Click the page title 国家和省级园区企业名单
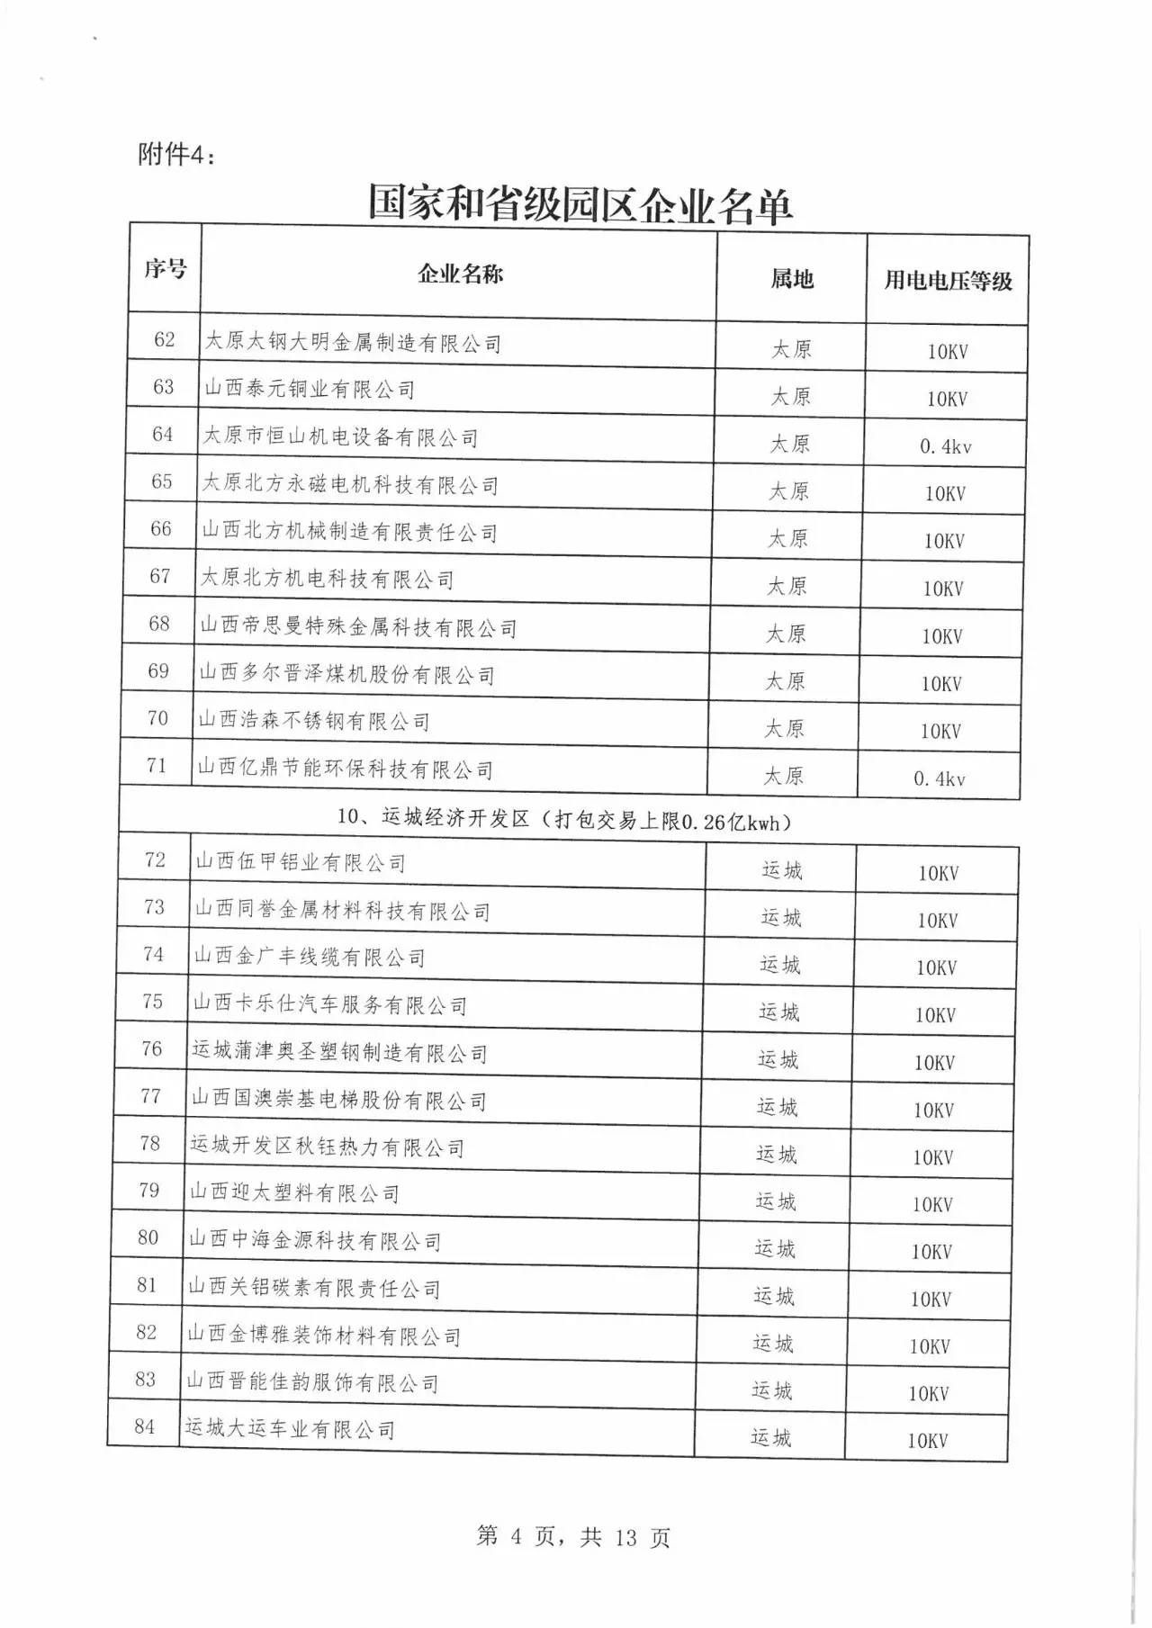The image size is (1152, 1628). pos(580,204)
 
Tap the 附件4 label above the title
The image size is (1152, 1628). pos(177,155)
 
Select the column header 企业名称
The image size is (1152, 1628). pos(460,274)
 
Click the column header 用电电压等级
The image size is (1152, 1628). pos(948,280)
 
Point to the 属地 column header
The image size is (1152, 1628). pos(792,279)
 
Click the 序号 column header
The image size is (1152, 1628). pos(166,268)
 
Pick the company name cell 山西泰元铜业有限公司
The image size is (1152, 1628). pos(310,389)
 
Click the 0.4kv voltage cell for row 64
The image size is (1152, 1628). pos(945,446)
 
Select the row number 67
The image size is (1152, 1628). pos(160,576)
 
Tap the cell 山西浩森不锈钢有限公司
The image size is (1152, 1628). pos(313,721)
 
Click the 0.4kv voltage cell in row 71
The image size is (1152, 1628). pos(939,778)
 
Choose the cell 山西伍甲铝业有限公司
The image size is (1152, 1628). pos(301,863)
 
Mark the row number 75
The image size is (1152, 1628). pos(153,1002)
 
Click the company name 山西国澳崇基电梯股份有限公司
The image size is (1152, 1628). pos(338,1100)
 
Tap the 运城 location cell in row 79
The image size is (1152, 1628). pos(775,1201)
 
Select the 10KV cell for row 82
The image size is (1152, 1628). pos(930,1346)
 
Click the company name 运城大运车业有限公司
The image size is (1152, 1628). pos(290,1429)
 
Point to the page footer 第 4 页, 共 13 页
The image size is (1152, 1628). pos(573,1536)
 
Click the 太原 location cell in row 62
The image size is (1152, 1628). pos(791,349)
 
